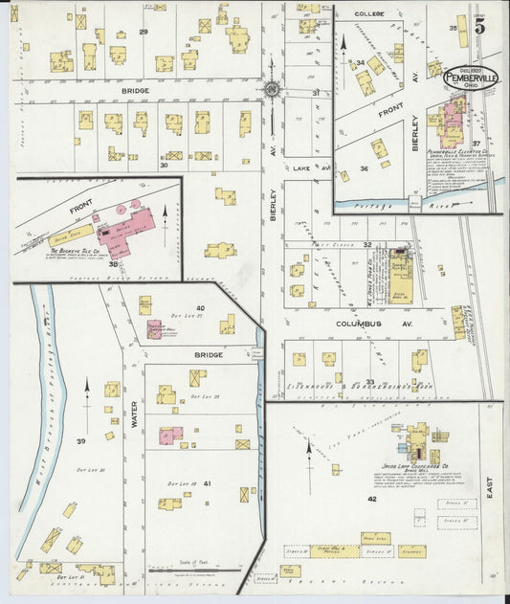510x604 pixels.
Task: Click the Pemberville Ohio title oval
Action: (470, 78)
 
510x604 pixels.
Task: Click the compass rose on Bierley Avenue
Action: (272, 90)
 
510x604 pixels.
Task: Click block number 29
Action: (143, 33)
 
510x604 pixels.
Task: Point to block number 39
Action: (81, 440)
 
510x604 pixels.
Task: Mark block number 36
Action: (364, 168)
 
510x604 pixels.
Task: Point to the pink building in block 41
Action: (171, 436)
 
